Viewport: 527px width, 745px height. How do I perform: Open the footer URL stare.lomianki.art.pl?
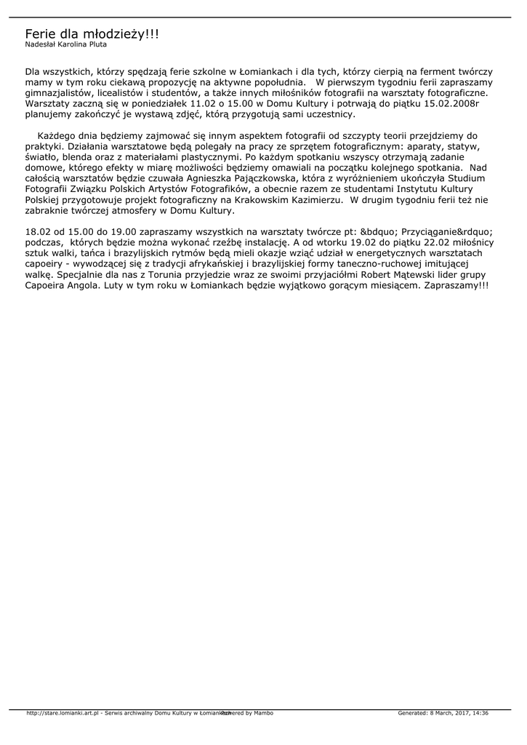[x=63, y=713]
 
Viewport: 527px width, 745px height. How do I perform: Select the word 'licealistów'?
[x=124, y=93]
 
